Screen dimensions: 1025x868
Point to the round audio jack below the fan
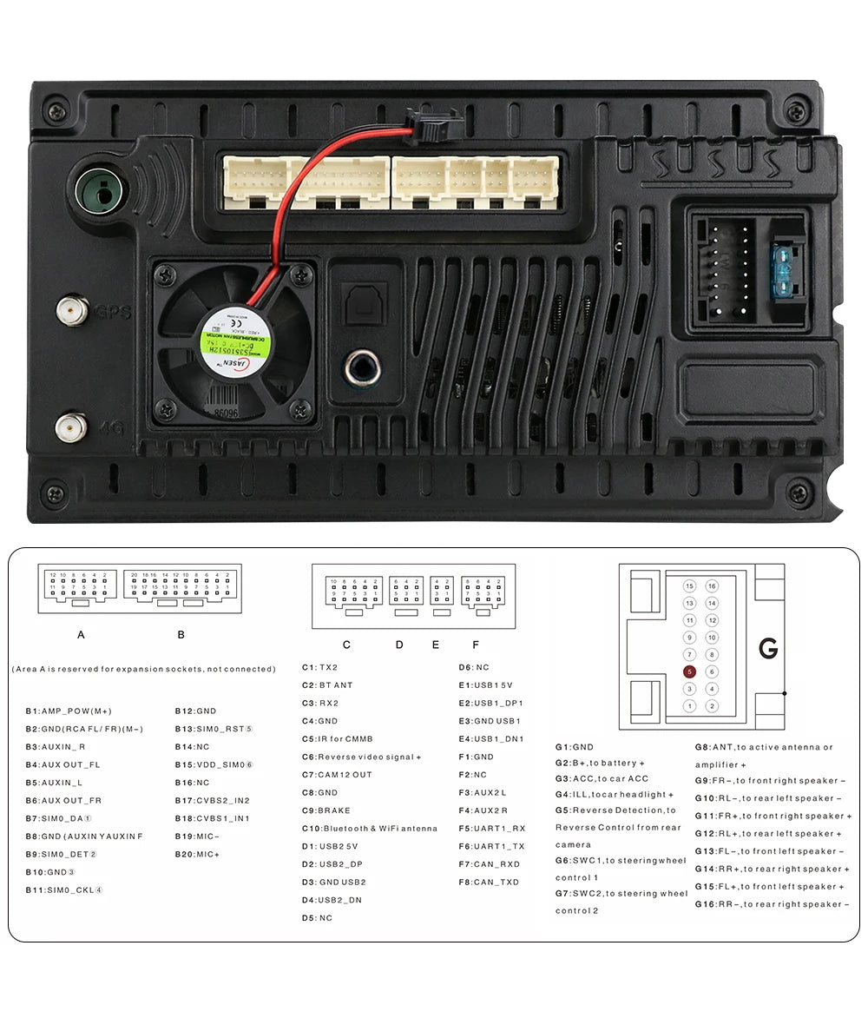[x=362, y=368]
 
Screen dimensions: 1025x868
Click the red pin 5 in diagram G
[x=689, y=671]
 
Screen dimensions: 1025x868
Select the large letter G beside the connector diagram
[x=768, y=648]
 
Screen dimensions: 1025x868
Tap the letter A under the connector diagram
[x=81, y=634]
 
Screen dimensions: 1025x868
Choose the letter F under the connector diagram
[x=476, y=645]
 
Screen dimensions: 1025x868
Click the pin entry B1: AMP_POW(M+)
[x=69, y=711]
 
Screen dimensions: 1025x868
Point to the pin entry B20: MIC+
[x=197, y=854]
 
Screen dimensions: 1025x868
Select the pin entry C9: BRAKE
[x=326, y=810]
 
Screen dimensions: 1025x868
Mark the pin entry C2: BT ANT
[x=327, y=685]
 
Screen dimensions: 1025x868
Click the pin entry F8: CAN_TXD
[x=489, y=882]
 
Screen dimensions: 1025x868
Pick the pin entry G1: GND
[x=575, y=746]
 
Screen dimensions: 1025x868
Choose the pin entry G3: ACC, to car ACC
[x=602, y=778]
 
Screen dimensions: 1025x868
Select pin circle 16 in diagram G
[x=712, y=586]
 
